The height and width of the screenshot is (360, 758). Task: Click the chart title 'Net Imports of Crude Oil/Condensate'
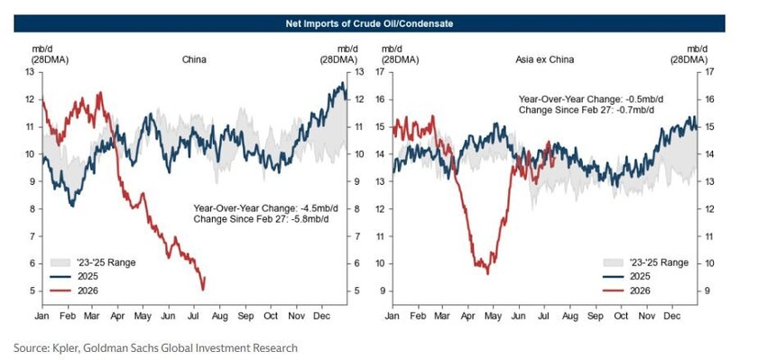[369, 23]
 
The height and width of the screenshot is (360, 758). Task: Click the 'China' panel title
[194, 60]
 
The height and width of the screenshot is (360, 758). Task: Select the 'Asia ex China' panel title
[544, 60]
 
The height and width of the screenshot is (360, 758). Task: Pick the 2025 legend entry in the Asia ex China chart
[626, 276]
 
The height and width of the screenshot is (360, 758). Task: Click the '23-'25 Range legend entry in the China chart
[93, 263]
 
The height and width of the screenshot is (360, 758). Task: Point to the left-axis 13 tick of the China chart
[30, 72]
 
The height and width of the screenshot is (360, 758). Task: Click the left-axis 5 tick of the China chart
[32, 291]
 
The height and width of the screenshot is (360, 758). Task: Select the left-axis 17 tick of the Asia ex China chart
[381, 72]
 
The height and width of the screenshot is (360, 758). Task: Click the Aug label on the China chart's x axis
[219, 316]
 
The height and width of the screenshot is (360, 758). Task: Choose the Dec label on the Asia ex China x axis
[671, 316]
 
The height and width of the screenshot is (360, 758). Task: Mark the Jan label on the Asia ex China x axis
[393, 316]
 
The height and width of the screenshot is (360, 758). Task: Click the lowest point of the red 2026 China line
[203, 290]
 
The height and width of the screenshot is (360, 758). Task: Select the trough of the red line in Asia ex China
[487, 274]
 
